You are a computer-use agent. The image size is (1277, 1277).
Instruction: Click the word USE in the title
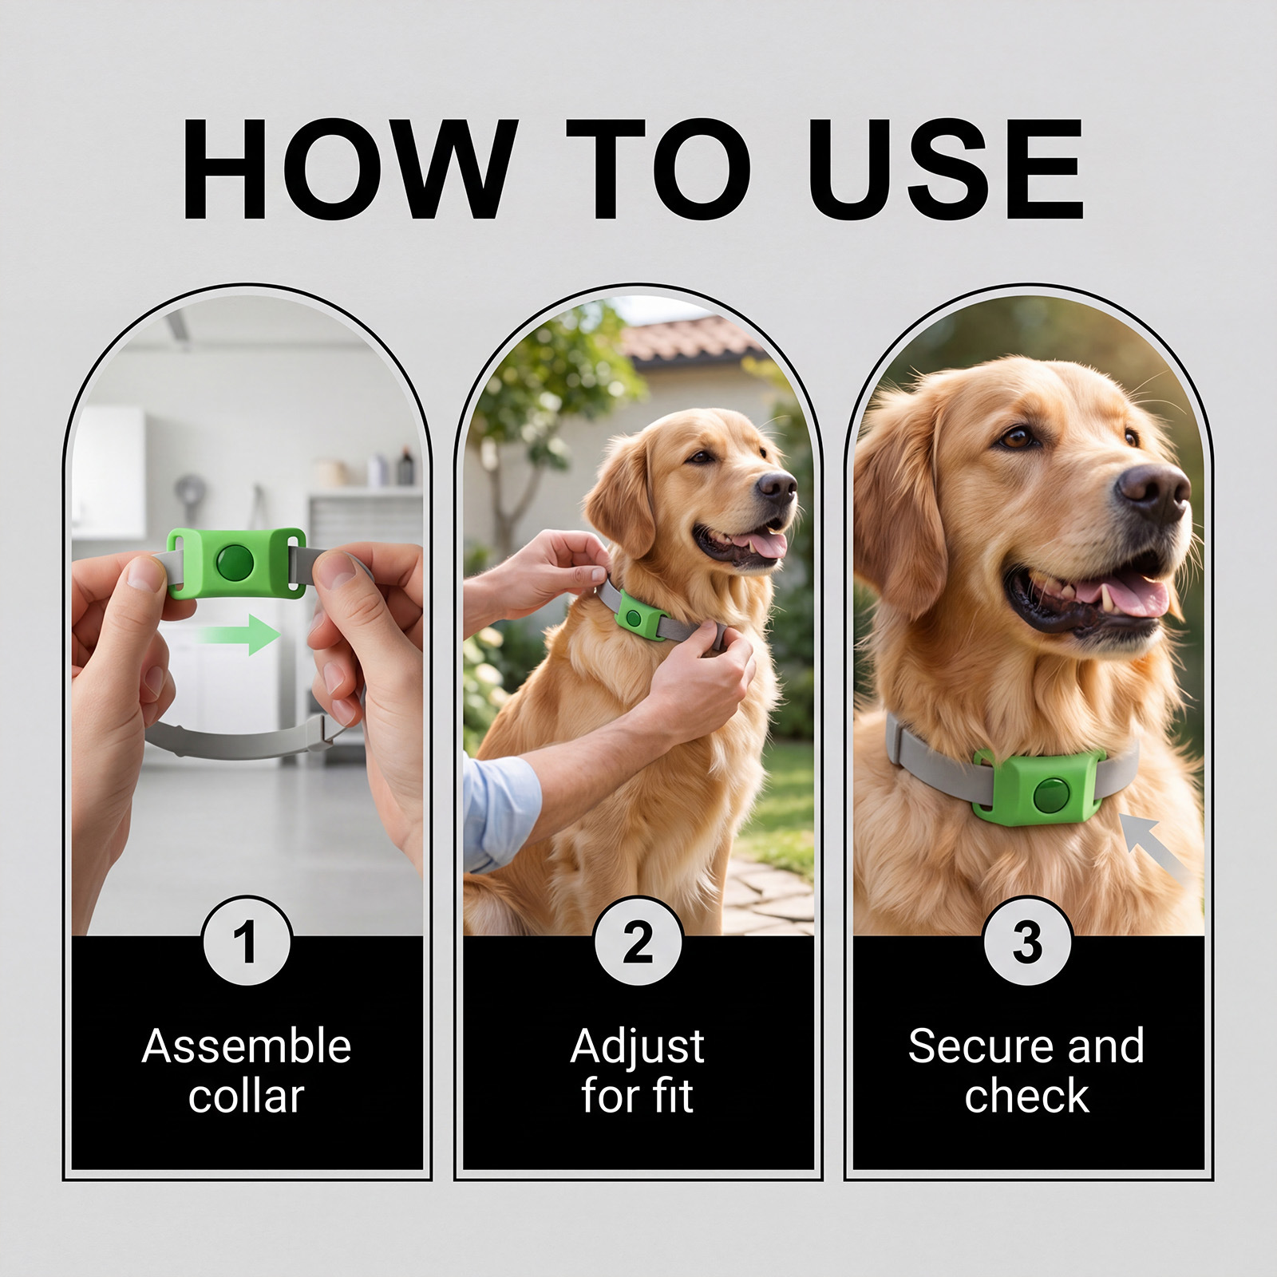tap(950, 171)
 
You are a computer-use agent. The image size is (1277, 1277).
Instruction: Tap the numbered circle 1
tap(247, 941)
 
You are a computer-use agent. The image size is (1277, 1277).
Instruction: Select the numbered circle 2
tap(638, 941)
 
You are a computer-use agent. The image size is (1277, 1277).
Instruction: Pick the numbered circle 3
tap(1027, 941)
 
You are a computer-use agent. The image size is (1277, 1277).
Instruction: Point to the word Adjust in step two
tap(638, 1047)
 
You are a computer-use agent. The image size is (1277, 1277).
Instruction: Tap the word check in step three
tap(1026, 1095)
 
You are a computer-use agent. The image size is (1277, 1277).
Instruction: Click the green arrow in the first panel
tap(238, 635)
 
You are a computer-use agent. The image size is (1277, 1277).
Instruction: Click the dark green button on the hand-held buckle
tap(235, 563)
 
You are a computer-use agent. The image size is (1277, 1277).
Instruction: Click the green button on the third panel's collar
tap(1050, 795)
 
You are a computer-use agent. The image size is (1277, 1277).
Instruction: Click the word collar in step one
tap(247, 1095)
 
